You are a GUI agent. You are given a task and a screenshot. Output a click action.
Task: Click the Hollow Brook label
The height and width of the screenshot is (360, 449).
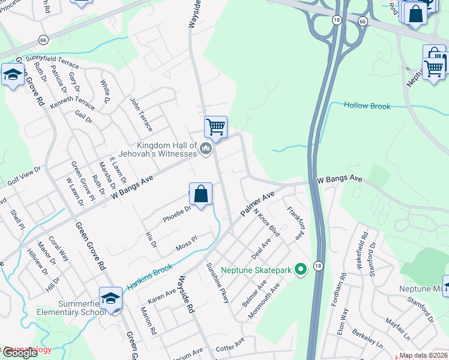tap(367, 106)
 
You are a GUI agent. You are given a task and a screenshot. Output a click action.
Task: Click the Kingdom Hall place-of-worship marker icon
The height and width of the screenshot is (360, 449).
tap(206, 148)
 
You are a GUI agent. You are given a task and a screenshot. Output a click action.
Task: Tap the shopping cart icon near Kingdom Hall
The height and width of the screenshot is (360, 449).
tap(215, 127)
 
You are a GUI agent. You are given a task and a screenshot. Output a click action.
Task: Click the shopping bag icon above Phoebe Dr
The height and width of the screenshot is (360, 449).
tap(200, 194)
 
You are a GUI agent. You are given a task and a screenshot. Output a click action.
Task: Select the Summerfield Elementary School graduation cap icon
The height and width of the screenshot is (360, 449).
tap(111, 298)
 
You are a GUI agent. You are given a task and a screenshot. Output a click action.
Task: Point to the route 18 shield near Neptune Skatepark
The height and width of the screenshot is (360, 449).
tap(318, 265)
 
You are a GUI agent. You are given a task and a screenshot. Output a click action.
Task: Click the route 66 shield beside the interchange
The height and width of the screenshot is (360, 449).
tap(362, 21)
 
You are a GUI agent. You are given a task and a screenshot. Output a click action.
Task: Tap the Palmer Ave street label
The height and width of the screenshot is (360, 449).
tap(258, 205)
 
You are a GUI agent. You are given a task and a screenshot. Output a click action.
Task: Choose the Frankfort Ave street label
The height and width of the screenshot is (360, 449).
tap(295, 223)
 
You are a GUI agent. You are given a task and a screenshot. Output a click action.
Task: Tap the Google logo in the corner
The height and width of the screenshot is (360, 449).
tap(19, 353)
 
